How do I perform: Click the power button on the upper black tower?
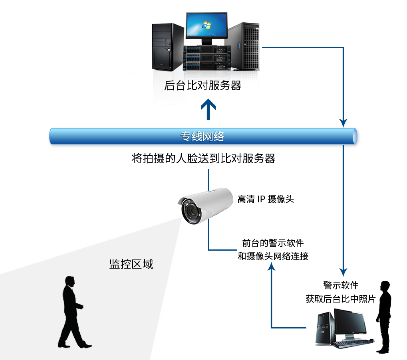[x=169, y=50]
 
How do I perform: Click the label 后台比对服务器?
[x=203, y=86]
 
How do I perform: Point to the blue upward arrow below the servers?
[x=208, y=111]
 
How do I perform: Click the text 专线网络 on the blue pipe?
[x=203, y=136]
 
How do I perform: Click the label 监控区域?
[x=131, y=264]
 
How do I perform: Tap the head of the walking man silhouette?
[x=70, y=281]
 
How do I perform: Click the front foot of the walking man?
[x=86, y=346]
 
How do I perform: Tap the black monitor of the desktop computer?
[x=350, y=322]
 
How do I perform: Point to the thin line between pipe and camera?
[x=208, y=178]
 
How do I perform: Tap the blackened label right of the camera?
[x=266, y=198]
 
